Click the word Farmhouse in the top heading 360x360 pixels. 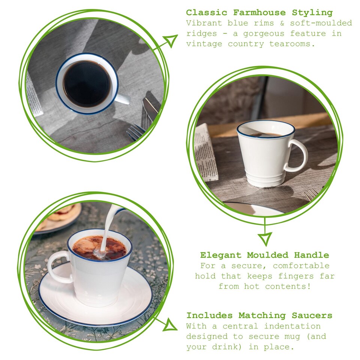tap(259, 12)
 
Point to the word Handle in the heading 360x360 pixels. tap(312, 255)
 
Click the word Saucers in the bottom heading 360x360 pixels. tap(312, 315)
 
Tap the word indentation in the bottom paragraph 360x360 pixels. tap(292, 326)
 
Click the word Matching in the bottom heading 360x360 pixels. tap(262, 316)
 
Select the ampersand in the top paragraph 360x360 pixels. tap(282, 23)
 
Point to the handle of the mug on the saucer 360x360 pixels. tap(59, 267)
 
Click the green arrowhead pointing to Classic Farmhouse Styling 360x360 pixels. tap(170, 40)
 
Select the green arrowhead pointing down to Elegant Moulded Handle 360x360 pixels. tap(265, 239)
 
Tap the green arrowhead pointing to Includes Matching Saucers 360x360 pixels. tap(170, 325)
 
